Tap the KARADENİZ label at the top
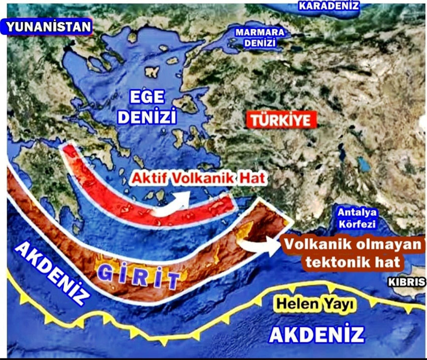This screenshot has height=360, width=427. pos(329,6)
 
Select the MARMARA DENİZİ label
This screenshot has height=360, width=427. pos(260,38)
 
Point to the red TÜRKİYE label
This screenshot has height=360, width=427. pos(277,121)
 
